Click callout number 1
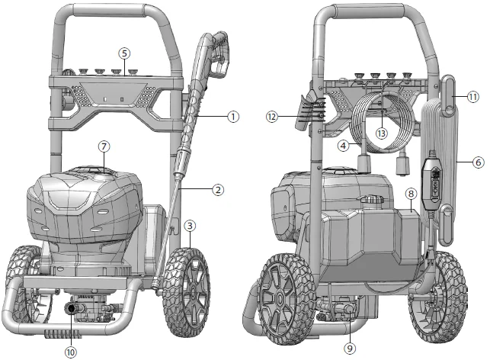[233, 116]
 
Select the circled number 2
[218, 188]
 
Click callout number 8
[411, 194]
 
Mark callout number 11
[474, 97]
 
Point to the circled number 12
[272, 117]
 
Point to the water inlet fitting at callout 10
[73, 307]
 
